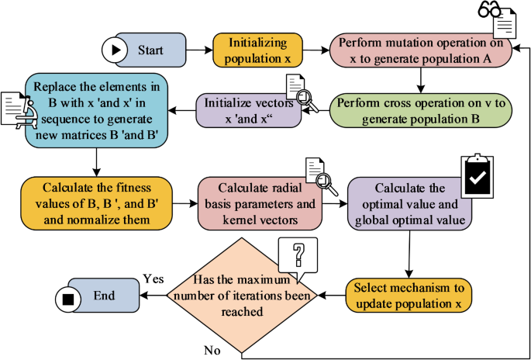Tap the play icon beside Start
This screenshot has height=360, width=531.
click(116, 50)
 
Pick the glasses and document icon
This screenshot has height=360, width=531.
click(496, 19)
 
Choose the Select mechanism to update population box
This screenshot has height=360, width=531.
click(408, 295)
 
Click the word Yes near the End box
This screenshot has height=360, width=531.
click(152, 279)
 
